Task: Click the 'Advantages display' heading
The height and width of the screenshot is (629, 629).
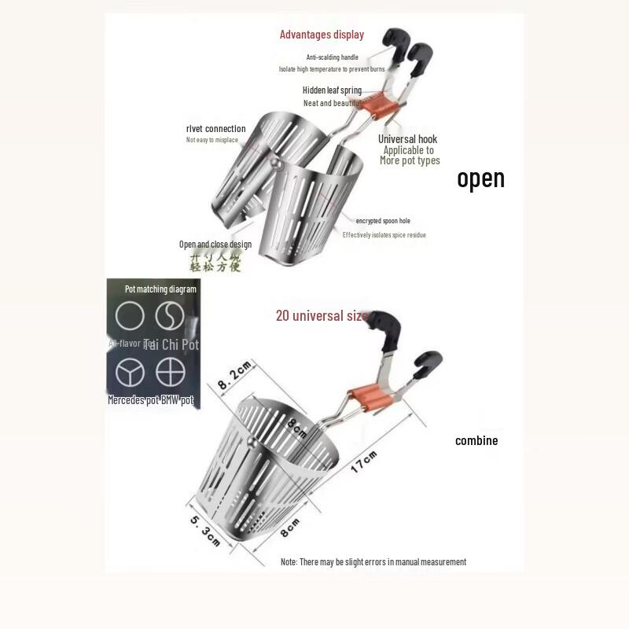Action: [322, 35]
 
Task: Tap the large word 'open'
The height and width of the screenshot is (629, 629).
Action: [480, 178]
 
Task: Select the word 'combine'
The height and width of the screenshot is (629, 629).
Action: [476, 441]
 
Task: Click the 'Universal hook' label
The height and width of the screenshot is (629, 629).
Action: [407, 139]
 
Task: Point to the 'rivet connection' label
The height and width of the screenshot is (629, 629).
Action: [215, 129]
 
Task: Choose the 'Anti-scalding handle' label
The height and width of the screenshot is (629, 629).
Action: [332, 57]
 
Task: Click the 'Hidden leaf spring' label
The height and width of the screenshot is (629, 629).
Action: [332, 90]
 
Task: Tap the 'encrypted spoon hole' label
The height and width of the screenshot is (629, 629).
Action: [383, 221]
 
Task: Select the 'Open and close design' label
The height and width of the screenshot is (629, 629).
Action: [215, 245]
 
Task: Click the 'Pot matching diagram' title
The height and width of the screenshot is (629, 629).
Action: [160, 289]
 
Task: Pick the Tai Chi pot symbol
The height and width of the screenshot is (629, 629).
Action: [169, 316]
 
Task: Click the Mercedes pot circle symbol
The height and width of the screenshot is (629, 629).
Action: [130, 371]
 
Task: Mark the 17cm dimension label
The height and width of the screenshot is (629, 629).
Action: [364, 462]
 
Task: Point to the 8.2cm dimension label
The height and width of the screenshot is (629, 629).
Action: [234, 373]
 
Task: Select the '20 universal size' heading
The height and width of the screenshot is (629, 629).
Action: [321, 316]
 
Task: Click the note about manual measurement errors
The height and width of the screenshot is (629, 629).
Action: [373, 562]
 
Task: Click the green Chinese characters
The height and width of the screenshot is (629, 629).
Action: [215, 262]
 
